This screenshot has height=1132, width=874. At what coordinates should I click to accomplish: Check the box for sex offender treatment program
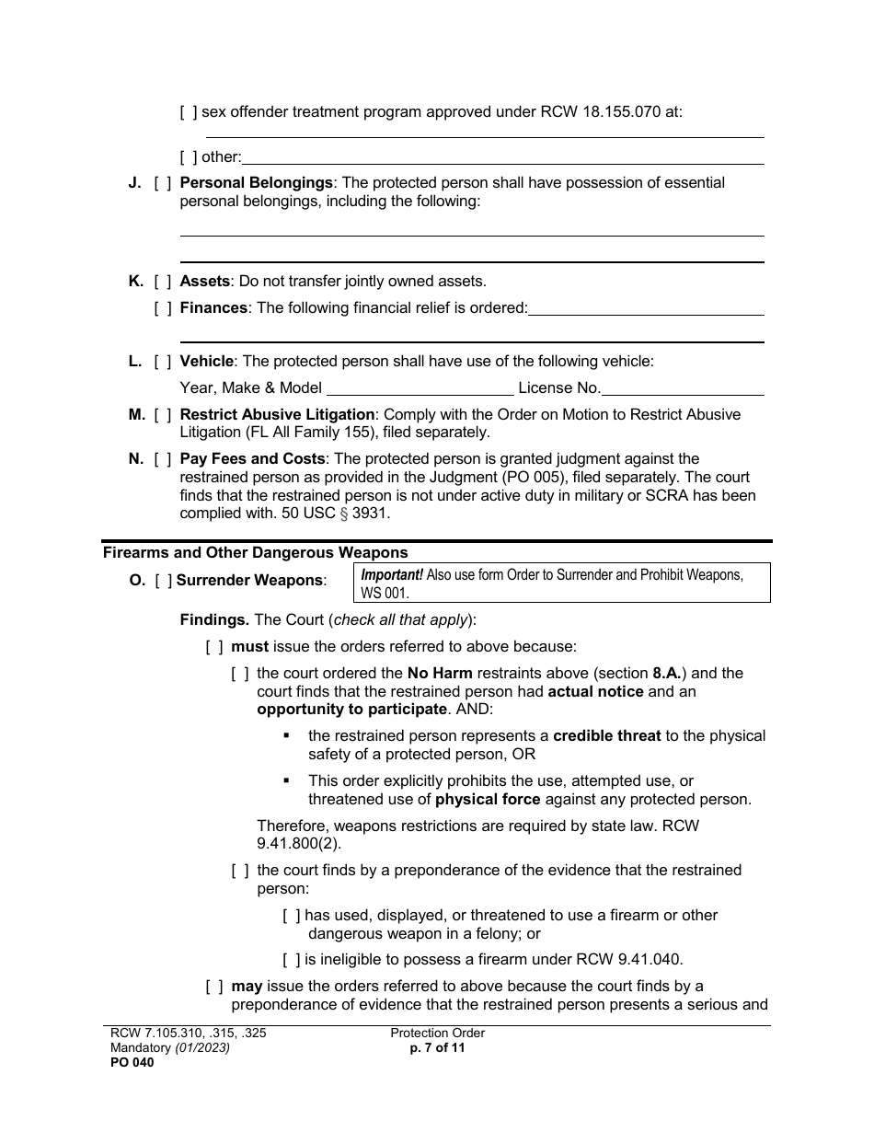[188, 113]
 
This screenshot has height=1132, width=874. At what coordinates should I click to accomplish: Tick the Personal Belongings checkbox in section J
[162, 183]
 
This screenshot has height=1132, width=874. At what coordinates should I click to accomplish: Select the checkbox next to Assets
[162, 282]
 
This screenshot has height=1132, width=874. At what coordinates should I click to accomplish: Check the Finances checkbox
[162, 308]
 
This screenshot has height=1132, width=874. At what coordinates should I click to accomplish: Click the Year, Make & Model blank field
[420, 387]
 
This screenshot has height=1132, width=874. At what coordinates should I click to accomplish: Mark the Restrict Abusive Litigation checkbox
[162, 415]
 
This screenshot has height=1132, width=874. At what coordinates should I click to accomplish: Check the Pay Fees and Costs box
[162, 459]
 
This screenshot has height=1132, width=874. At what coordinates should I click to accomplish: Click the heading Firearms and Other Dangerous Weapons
[255, 553]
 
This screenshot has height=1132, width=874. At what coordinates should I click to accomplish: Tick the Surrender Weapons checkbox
[163, 581]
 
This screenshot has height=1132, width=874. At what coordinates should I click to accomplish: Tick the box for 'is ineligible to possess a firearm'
[291, 960]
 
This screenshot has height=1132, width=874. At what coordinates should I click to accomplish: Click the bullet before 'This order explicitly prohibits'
[287, 780]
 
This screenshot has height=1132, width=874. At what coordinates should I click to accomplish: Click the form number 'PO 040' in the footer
[129, 1062]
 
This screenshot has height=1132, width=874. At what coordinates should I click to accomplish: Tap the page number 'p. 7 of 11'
[437, 1047]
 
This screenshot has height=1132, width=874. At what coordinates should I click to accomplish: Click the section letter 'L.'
[135, 362]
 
